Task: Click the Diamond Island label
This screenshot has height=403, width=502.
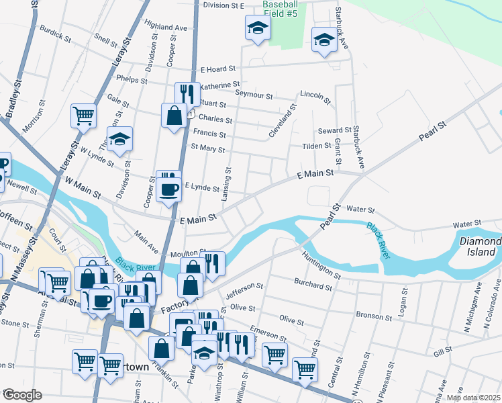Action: [480, 247]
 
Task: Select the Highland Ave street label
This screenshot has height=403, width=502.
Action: [165, 28]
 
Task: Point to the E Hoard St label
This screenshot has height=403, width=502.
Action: [218, 69]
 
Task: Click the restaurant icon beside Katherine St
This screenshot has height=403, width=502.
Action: [187, 94]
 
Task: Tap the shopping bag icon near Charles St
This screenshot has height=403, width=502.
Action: [174, 115]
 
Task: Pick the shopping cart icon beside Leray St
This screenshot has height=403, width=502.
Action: [84, 116]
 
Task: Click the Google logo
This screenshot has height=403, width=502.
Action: [21, 394]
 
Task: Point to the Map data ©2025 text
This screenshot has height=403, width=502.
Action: [472, 398]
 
